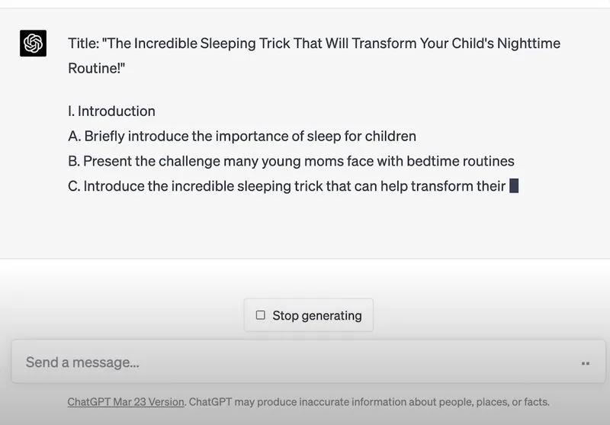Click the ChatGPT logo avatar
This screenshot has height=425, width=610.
click(x=33, y=43)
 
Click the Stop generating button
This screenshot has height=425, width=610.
click(x=309, y=315)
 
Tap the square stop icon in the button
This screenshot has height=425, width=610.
click(x=261, y=315)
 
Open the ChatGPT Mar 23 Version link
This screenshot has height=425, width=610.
click(x=126, y=402)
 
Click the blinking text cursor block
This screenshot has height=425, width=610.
click(x=514, y=185)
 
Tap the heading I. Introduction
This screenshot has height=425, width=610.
click(x=111, y=111)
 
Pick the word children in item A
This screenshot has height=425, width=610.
click(x=390, y=137)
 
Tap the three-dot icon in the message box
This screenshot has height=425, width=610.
click(x=585, y=363)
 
